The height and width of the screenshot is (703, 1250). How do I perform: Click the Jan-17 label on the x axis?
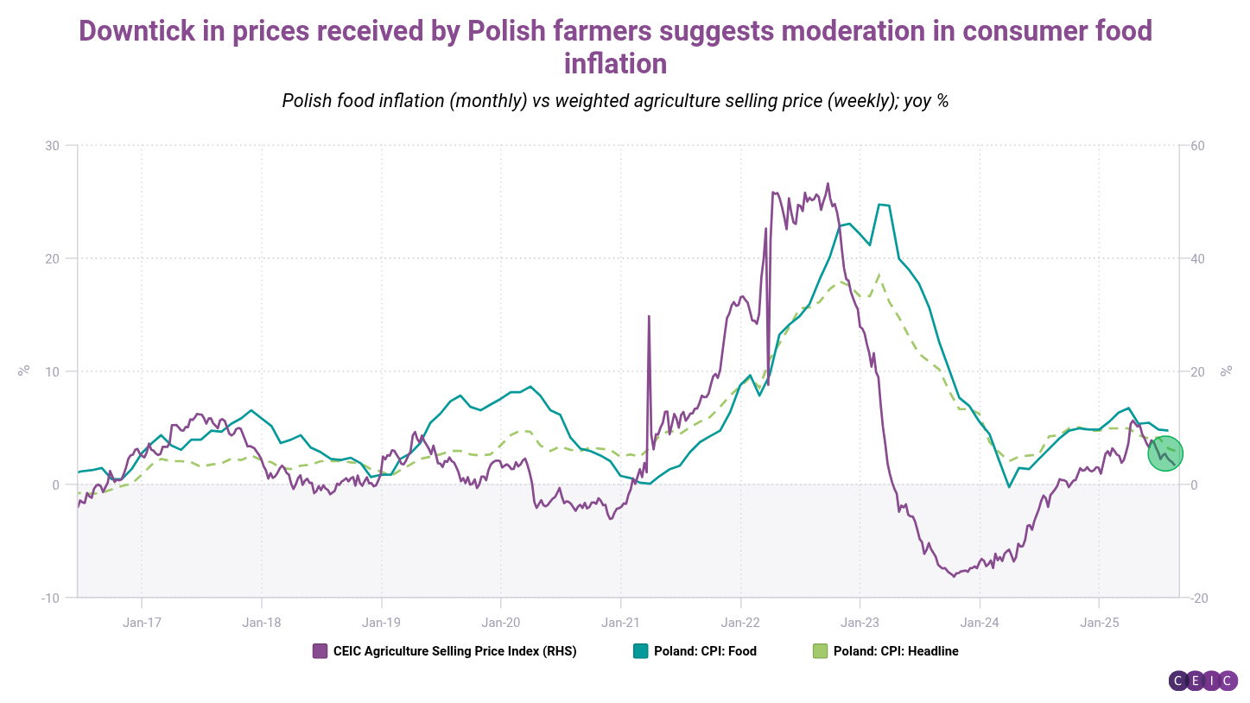point(141,622)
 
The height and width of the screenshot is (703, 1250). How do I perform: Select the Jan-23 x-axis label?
point(860,622)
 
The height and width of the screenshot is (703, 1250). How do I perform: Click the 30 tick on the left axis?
point(53,145)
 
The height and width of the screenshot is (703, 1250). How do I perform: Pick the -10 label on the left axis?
point(50,598)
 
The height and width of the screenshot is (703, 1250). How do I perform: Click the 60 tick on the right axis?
point(1198,145)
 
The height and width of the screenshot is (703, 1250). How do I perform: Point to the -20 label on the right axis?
point(1200,598)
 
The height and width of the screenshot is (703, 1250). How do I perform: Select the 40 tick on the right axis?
point(1198,258)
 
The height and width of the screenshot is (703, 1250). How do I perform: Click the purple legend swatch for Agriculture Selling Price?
point(320,651)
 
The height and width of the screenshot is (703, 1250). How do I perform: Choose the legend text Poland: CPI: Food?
point(706,651)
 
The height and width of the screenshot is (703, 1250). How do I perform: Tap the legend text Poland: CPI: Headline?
point(896,651)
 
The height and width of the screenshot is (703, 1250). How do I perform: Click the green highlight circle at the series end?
point(1165,453)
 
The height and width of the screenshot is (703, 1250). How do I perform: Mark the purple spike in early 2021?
point(648,318)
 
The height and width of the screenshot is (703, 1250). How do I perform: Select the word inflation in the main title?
point(615,64)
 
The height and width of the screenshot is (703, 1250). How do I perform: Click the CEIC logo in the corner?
point(1203,681)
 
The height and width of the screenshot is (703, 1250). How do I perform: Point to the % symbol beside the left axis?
point(24,370)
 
